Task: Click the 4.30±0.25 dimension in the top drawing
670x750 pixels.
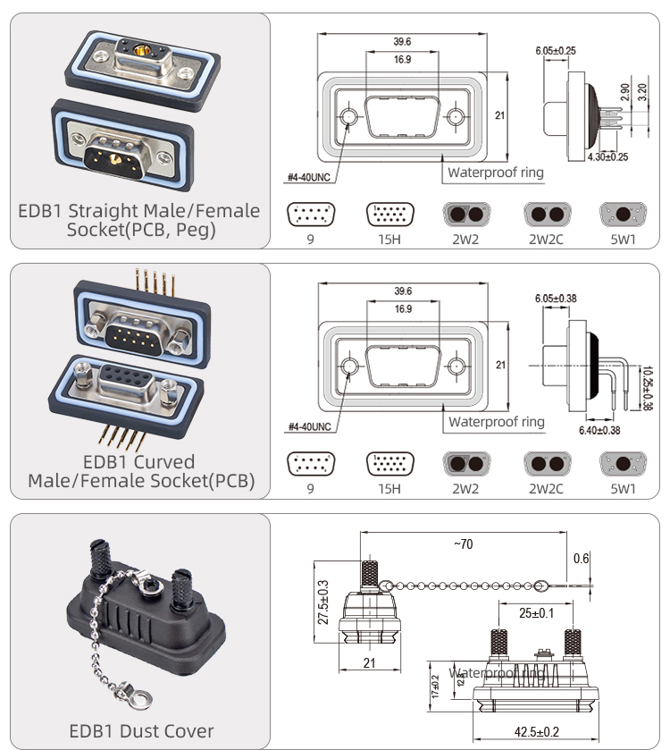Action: click(607, 157)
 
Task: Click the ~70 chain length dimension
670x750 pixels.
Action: click(463, 544)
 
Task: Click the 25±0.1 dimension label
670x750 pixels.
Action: click(537, 613)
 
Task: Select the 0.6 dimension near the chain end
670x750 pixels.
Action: click(582, 559)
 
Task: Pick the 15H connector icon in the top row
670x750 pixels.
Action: click(389, 215)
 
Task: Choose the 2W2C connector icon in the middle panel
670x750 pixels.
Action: click(546, 464)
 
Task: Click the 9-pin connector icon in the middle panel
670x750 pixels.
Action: click(309, 464)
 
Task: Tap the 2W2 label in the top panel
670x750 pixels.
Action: click(465, 240)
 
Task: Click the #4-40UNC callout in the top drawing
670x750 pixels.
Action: click(309, 177)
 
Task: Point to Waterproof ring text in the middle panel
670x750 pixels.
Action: click(496, 421)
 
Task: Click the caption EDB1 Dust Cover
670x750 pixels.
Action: click(141, 730)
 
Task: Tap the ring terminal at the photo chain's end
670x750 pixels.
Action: click(140, 694)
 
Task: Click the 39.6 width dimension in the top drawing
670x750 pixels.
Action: click(402, 41)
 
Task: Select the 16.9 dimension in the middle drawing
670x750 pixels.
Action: click(402, 309)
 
